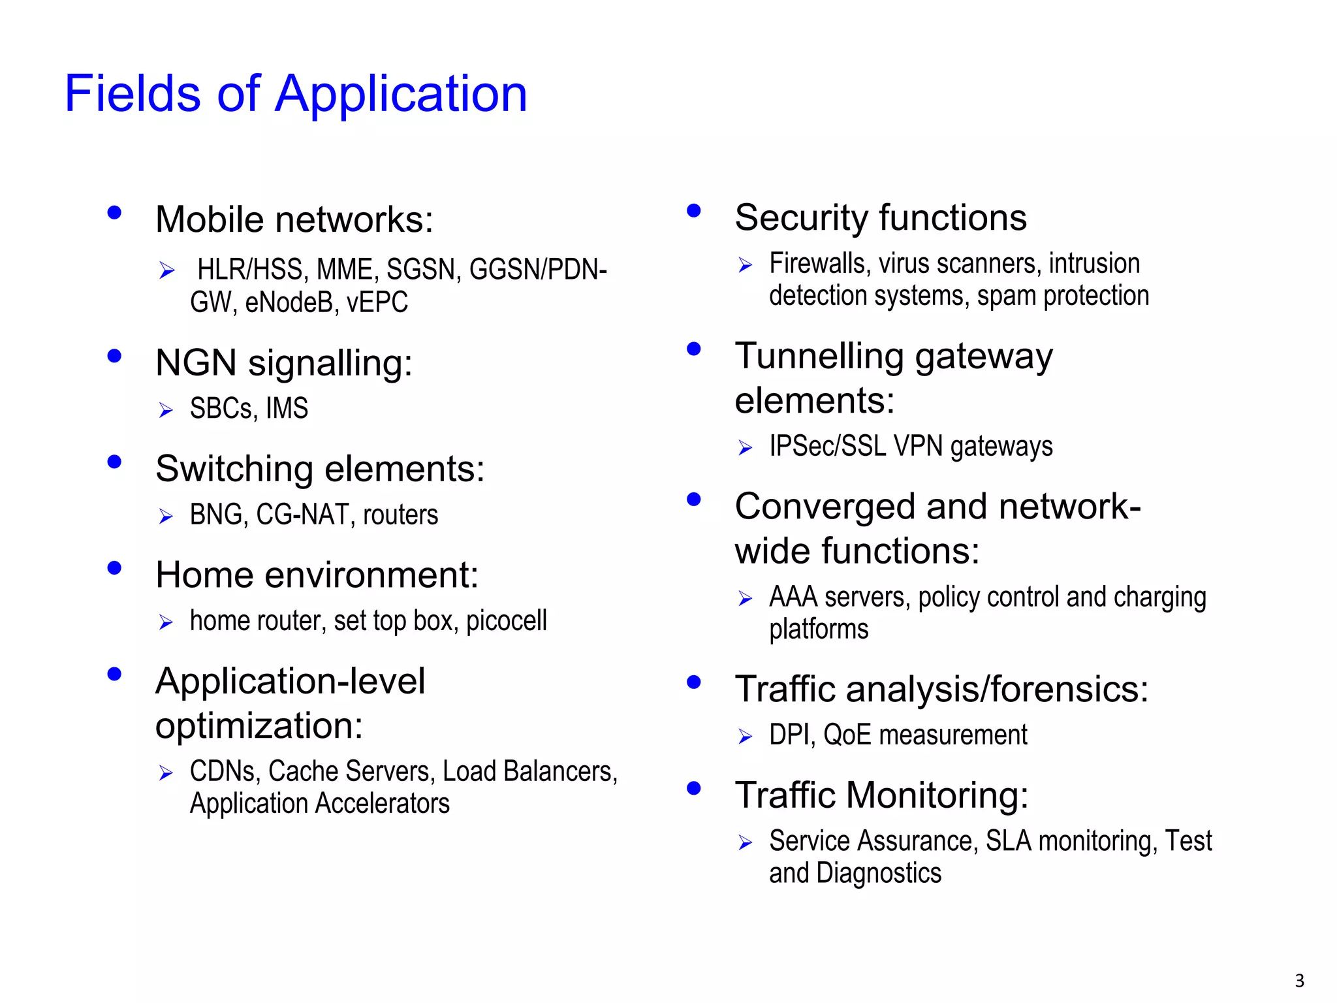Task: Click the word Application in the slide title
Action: click(400, 95)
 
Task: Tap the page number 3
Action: click(1299, 981)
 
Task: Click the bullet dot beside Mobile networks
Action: click(114, 212)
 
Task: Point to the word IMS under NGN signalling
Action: click(287, 409)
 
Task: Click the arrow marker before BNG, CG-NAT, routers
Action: click(166, 517)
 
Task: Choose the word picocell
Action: click(506, 621)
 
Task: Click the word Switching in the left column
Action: click(234, 470)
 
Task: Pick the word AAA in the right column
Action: click(793, 597)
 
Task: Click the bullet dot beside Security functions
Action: click(693, 210)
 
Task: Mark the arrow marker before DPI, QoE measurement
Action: click(745, 737)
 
